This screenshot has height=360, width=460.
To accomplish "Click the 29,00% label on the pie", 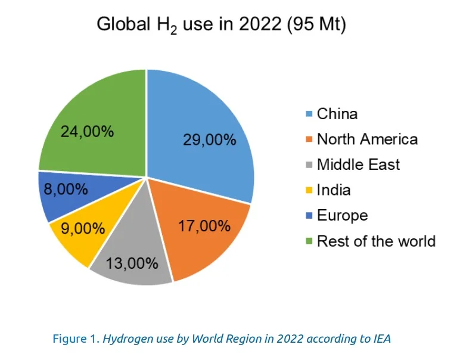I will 210,141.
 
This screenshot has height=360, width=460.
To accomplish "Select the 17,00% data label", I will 204,226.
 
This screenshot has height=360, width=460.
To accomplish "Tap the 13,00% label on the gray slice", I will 132,262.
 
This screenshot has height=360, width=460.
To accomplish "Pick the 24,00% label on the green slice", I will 87,131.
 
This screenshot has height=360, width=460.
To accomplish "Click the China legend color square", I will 309,114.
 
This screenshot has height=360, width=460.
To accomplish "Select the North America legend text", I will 367,139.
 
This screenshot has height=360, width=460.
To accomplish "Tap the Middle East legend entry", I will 358,165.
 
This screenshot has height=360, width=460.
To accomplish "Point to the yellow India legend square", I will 309,191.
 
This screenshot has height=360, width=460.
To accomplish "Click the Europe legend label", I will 342,215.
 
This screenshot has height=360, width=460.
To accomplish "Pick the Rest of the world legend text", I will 376,241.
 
